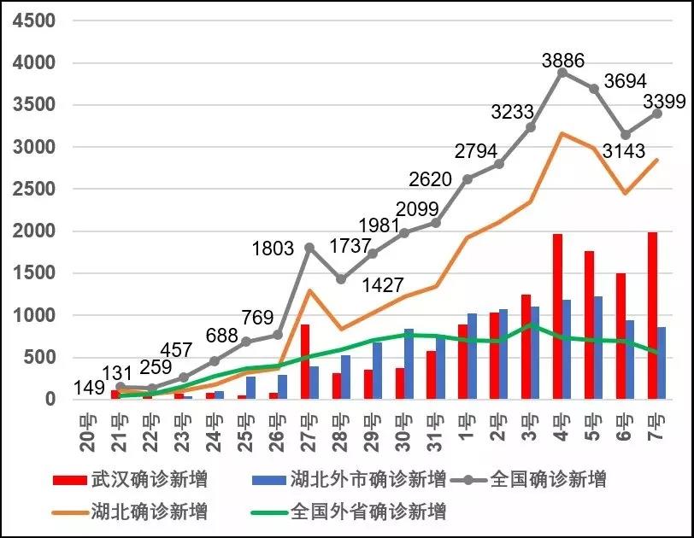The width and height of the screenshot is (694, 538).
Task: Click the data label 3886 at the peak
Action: [563, 61]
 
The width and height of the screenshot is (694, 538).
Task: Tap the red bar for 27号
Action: [305, 361]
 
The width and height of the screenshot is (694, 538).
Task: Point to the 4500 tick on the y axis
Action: [32, 20]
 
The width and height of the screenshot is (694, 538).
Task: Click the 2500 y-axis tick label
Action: [32, 189]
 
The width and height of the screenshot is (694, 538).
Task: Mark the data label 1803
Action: [273, 249]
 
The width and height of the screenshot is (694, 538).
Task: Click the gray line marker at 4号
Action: [562, 73]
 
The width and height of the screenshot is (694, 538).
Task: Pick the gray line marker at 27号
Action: [309, 248]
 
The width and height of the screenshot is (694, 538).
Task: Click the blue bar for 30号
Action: [409, 364]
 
